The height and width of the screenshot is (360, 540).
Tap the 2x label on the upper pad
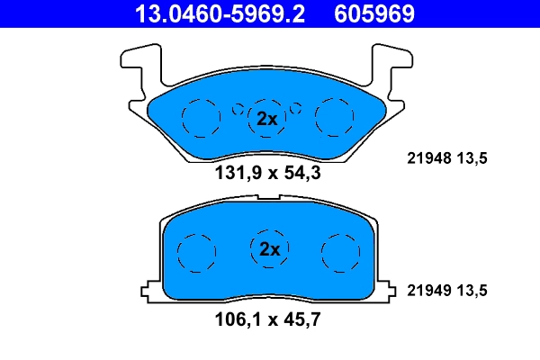pyautogui.click(x=266, y=118)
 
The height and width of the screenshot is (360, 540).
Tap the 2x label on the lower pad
pyautogui.click(x=269, y=248)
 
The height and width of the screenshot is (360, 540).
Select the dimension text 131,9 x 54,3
pyautogui.click(x=266, y=174)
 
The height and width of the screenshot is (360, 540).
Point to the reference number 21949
pyautogui.click(x=427, y=290)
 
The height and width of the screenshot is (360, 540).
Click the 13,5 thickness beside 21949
pyautogui.click(x=472, y=290)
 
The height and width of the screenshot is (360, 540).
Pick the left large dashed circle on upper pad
pyautogui.click(x=200, y=116)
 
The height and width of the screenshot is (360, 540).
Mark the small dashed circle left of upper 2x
pyautogui.click(x=238, y=110)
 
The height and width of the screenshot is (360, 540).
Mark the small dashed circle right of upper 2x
pyautogui.click(x=297, y=110)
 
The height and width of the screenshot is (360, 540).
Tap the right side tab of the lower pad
pyautogui.click(x=389, y=290)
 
